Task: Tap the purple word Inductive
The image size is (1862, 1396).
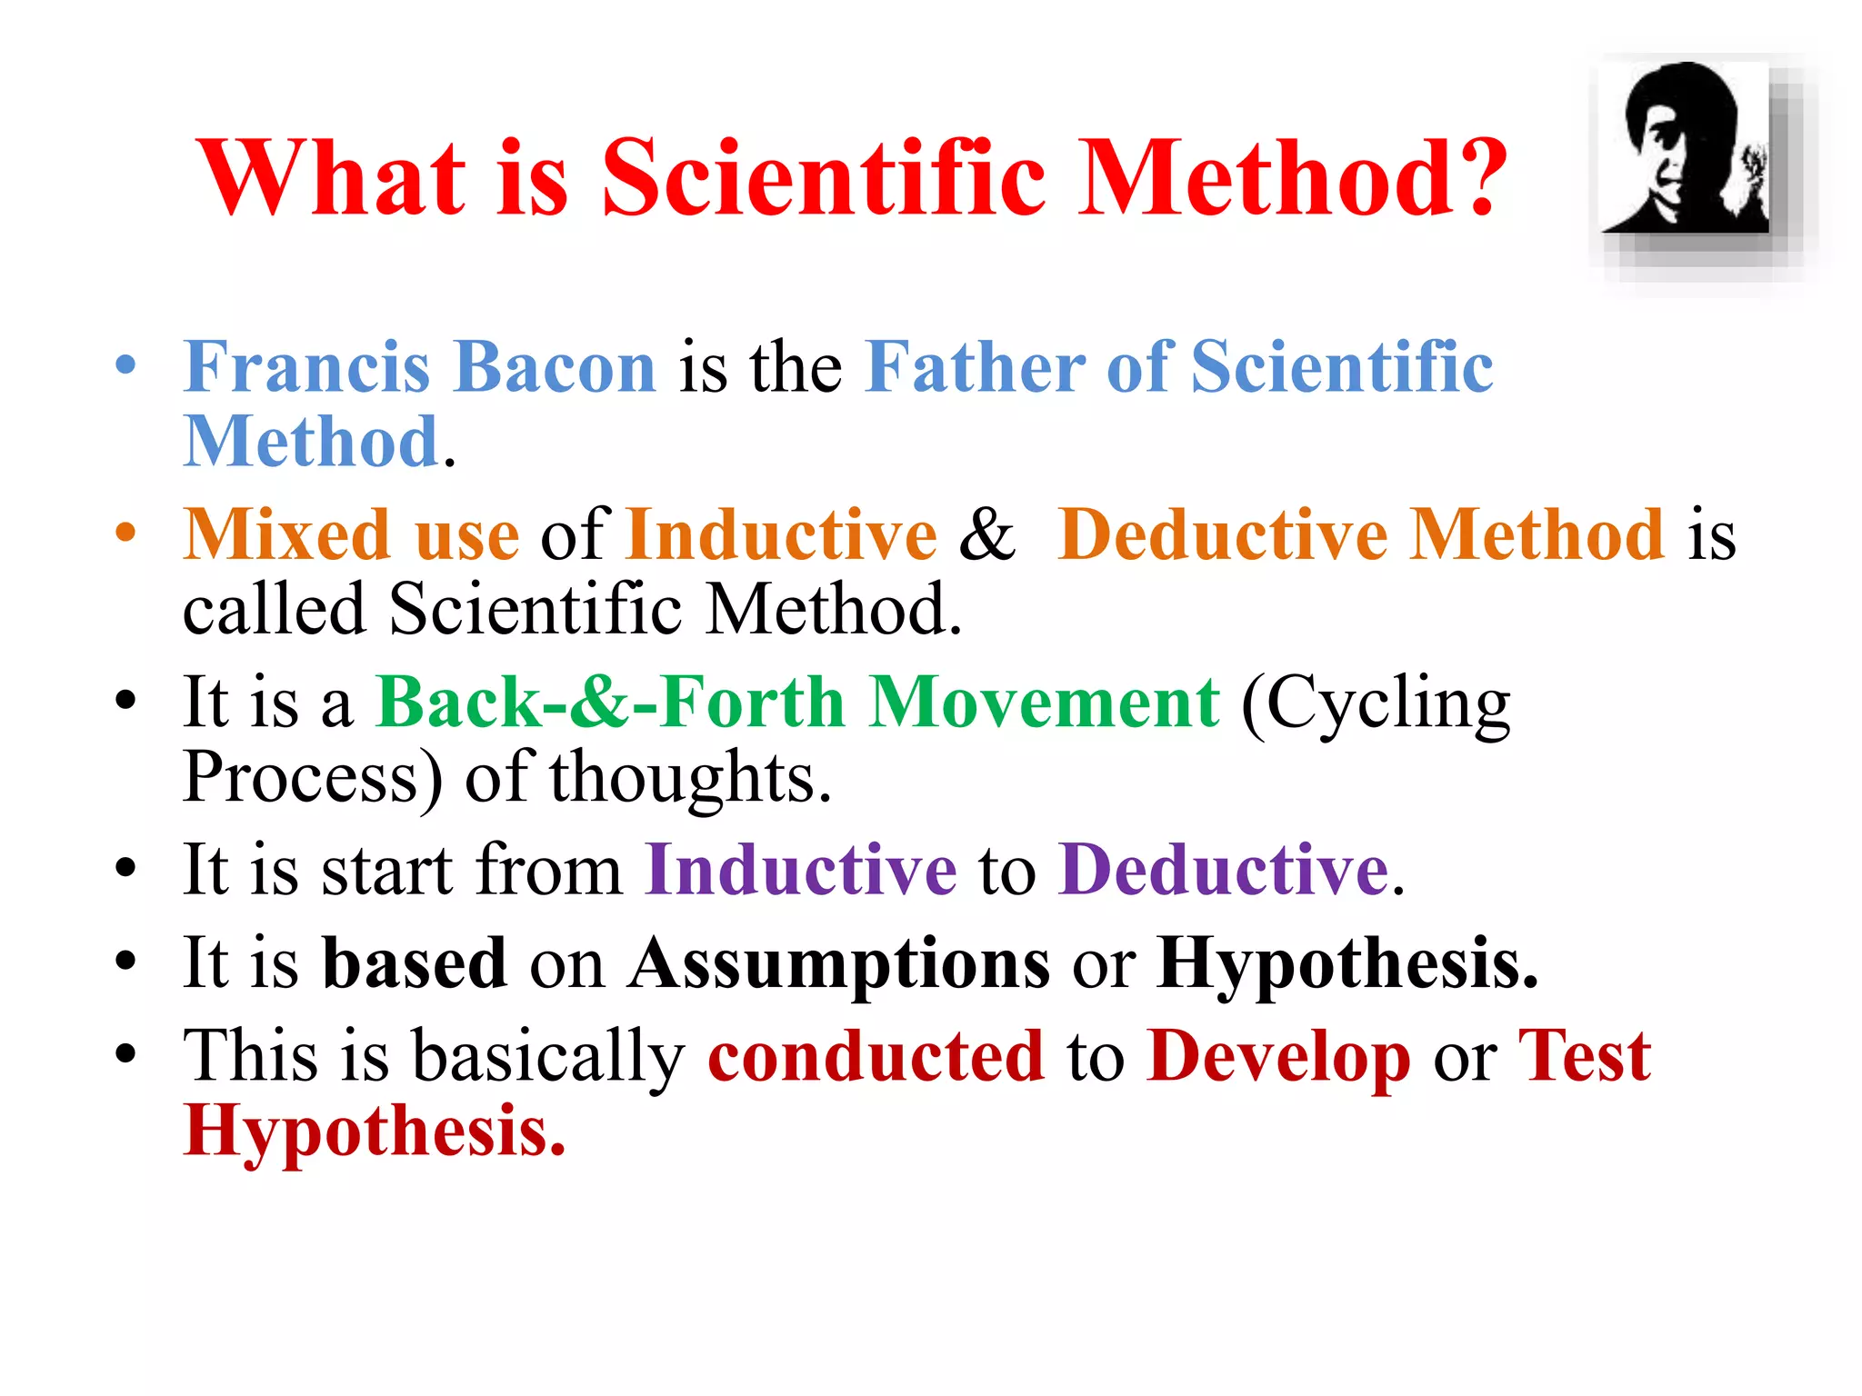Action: pos(800,870)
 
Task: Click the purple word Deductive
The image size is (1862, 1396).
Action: pos(1224,870)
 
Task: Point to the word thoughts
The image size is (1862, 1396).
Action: pos(690,780)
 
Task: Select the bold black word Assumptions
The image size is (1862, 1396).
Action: pos(838,963)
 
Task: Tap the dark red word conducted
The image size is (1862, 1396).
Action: pos(876,1056)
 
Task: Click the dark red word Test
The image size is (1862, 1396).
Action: pos(1584,1056)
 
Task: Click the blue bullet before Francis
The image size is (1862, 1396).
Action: pos(125,365)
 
